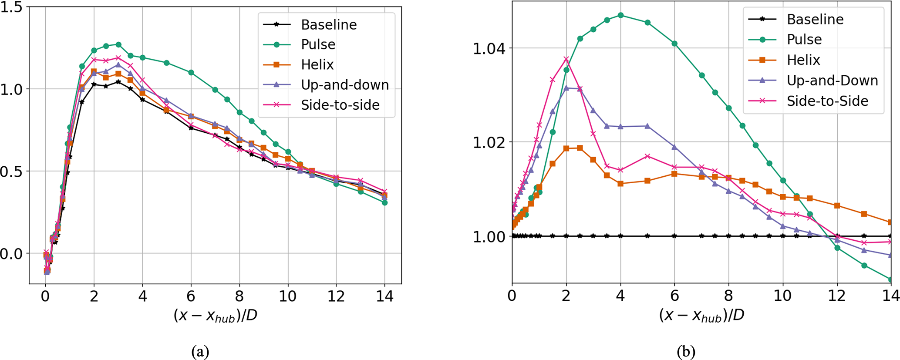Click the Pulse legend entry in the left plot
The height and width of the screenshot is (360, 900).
click(318, 44)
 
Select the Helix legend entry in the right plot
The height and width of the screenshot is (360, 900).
click(803, 60)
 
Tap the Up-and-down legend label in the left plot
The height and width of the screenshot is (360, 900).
click(345, 85)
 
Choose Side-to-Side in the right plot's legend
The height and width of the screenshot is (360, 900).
click(827, 101)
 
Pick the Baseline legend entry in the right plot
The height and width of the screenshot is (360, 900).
click(815, 20)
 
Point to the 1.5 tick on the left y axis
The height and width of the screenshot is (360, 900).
click(11, 8)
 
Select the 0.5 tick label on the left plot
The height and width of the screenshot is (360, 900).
click(11, 172)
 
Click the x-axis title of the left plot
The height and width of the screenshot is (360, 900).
click(215, 316)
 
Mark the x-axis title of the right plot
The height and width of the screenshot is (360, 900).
click(701, 316)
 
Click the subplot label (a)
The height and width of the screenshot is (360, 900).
click(200, 351)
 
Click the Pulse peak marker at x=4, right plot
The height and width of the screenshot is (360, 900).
click(620, 15)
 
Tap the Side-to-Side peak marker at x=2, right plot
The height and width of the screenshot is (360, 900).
click(566, 59)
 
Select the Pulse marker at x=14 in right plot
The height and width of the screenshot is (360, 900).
click(890, 279)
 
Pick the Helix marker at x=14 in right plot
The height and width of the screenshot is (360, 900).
click(890, 222)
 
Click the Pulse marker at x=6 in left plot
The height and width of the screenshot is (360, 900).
click(191, 73)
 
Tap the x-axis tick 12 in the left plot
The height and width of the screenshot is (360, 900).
click(336, 297)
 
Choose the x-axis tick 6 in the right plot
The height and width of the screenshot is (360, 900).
click(674, 296)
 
